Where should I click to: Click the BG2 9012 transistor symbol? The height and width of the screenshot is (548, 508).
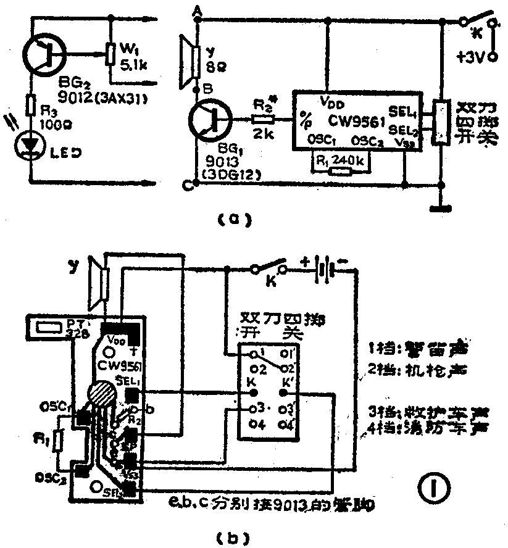(x=44, y=56)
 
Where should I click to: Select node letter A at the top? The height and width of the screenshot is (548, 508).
(x=198, y=9)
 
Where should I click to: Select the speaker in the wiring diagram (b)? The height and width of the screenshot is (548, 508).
(x=98, y=286)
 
